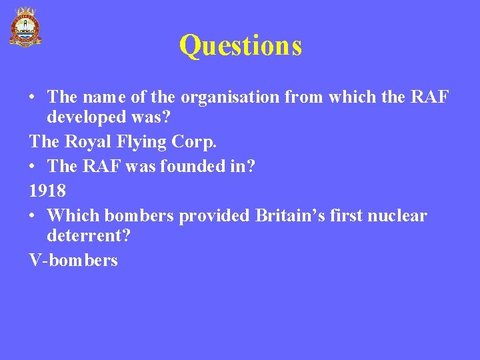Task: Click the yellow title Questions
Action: [240, 45]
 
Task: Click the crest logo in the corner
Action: [25, 27]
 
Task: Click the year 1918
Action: [47, 191]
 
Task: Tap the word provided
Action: [213, 216]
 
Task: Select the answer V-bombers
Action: [73, 260]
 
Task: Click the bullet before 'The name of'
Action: [33, 98]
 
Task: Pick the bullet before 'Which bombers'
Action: [33, 217]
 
